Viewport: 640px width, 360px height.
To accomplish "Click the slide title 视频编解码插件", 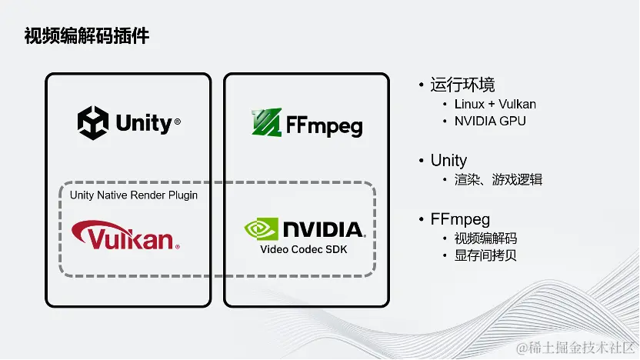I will click(x=85, y=36).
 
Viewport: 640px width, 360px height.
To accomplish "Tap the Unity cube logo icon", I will click(x=94, y=122).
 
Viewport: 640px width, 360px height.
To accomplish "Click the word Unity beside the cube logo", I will click(x=144, y=123).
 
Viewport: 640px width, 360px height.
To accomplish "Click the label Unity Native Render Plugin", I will click(x=134, y=195).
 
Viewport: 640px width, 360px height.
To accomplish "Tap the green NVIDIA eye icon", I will click(x=261, y=228).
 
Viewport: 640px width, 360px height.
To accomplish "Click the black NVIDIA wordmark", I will click(x=323, y=228).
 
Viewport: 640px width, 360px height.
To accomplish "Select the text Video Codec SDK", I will click(x=304, y=249).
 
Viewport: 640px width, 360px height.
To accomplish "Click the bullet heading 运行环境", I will click(x=462, y=85).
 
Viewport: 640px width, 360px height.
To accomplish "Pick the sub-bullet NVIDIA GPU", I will click(x=490, y=121).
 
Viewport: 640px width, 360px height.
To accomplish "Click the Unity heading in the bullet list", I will click(x=448, y=160).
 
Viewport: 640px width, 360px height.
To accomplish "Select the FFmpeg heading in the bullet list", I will click(x=460, y=219).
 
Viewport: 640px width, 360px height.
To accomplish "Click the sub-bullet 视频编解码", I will click(x=485, y=238).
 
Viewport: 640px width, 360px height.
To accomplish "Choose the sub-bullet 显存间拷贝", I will click(x=485, y=255).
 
